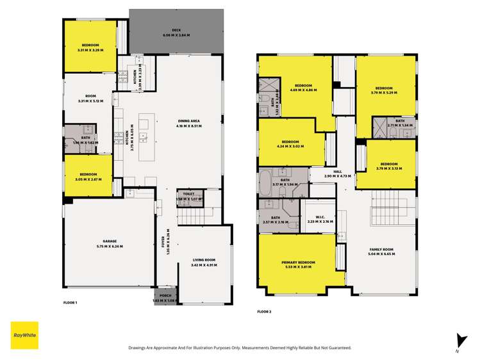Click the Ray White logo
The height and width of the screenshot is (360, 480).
pyautogui.click(x=24, y=335)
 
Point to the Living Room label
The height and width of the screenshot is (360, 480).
pyautogui.click(x=203, y=260)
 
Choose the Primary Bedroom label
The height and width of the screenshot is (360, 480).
pyautogui.click(x=298, y=263)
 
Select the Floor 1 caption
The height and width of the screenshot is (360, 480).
pyautogui.click(x=70, y=302)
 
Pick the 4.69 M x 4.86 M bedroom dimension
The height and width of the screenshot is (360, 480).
pyautogui.click(x=303, y=90)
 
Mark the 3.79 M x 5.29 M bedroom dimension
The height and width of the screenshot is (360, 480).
pyautogui.click(x=384, y=93)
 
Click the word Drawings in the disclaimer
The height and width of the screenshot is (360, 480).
pyautogui.click(x=139, y=348)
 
